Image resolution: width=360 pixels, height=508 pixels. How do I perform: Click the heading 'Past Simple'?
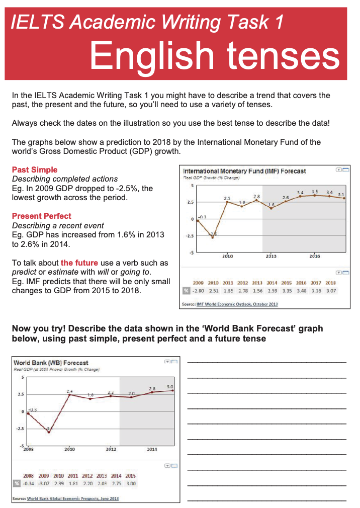[35, 170]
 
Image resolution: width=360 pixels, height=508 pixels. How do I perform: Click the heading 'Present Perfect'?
[42, 216]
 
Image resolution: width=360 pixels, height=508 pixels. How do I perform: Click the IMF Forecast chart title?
[244, 172]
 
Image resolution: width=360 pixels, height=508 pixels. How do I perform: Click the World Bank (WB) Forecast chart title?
[51, 363]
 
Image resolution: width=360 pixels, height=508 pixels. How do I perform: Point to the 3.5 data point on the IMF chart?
[315, 195]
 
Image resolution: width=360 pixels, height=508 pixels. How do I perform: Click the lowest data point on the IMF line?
[212, 237]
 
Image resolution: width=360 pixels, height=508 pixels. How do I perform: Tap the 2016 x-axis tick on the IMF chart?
[315, 256]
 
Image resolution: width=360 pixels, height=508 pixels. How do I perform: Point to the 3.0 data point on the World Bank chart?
[173, 390]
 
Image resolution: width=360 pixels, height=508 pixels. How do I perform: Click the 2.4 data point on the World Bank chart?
[69, 395]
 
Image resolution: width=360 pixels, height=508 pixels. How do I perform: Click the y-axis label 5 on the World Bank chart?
[22, 377]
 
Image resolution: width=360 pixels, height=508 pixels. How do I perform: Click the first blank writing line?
[266, 363]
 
